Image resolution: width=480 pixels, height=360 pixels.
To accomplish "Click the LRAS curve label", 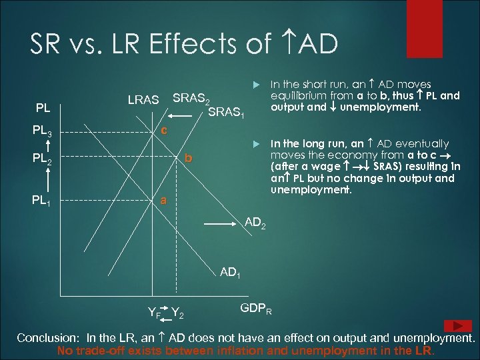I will point(143,100).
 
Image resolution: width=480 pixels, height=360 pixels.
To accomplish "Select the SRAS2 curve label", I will point(192,99).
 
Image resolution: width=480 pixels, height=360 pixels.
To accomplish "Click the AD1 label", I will point(231,272).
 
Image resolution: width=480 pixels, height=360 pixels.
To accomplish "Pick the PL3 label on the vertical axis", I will point(47,130).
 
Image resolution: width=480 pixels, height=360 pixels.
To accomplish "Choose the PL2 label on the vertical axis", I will point(47,161).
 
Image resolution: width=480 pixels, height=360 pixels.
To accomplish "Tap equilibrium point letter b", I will point(189,159).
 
